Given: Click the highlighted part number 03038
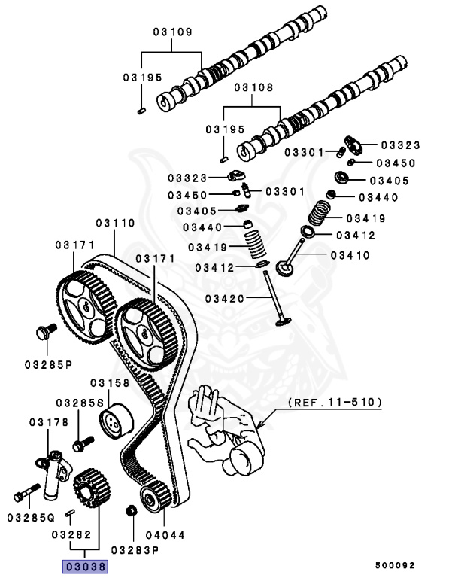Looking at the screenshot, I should tap(84, 566).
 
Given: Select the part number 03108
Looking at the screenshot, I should tap(253, 87).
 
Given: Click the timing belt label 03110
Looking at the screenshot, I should tap(114, 224).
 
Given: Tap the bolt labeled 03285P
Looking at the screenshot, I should tap(43, 332).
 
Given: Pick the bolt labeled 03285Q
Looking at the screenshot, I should tap(23, 495).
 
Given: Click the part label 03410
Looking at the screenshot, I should tap(350, 255).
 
